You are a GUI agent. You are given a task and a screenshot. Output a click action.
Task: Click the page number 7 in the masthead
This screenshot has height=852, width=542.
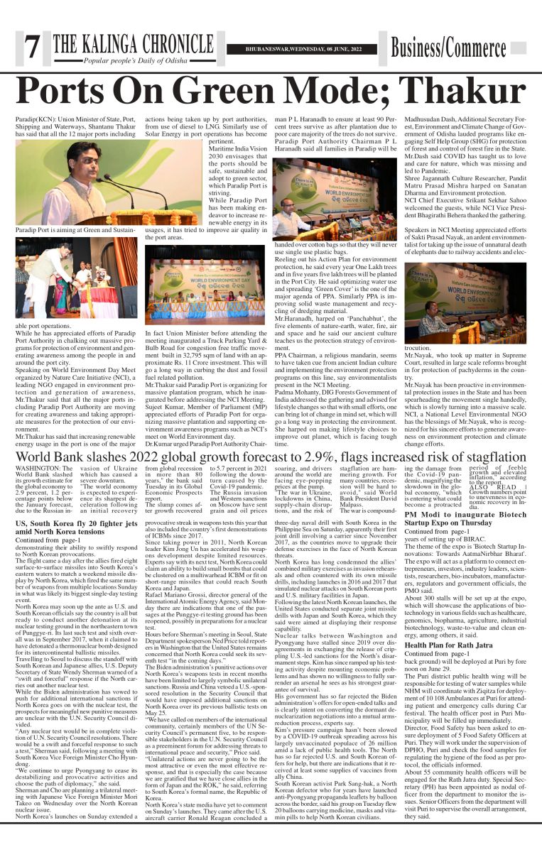[31, 48]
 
